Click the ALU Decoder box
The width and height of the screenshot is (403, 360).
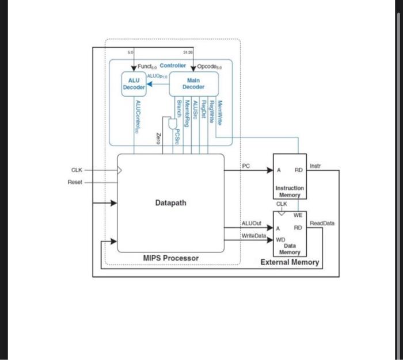pos(134,83)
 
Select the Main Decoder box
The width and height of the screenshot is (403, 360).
pos(193,83)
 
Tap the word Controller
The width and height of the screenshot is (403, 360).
pos(173,66)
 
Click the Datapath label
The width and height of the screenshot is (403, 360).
pos(170,203)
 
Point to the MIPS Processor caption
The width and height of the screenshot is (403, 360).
pos(170,258)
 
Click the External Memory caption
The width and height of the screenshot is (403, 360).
pos(290,262)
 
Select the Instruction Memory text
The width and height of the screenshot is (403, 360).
pos(290,192)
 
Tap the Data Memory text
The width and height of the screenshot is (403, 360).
pos(290,248)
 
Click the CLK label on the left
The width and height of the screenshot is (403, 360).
pos(77,170)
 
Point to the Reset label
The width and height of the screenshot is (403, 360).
pos(75,182)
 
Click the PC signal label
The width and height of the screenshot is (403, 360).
pos(246,166)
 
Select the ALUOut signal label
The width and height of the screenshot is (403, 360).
pos(252,223)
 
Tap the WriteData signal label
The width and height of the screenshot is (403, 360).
pos(254,236)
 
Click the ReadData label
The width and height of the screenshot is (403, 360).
pos(322,223)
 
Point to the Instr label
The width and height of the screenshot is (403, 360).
pos(315,166)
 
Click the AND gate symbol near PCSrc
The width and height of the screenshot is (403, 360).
pos(172,124)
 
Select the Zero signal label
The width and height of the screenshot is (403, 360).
pos(158,137)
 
